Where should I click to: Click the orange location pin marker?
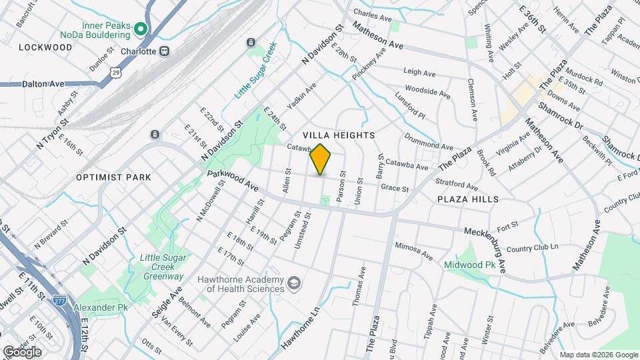tap(321, 159)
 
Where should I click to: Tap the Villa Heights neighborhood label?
tap(339, 135)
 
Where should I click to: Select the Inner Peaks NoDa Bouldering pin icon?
tap(140, 29)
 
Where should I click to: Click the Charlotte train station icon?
tap(164, 51)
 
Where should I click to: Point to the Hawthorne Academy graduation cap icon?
tap(292, 284)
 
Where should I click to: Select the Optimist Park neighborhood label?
tap(113, 177)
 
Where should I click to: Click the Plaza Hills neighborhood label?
tap(467, 199)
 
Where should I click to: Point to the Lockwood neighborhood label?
tap(45, 47)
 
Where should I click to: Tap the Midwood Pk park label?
tap(469, 264)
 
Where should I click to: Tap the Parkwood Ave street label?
tap(233, 180)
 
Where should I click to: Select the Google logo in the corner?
tap(21, 351)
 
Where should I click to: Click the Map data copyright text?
tap(598, 355)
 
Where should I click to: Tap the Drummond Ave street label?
tap(429, 141)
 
